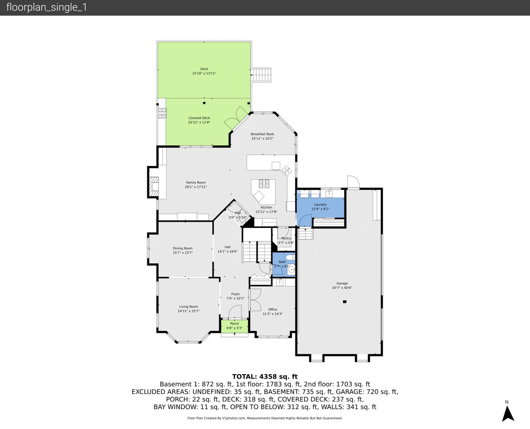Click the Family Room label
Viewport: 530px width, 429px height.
pos(196,182)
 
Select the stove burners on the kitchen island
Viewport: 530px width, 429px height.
pos(264,184)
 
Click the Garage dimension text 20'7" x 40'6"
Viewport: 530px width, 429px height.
pos(342,288)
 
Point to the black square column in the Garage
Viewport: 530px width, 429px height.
pos(345,302)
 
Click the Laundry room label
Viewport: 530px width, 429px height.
pos(320,205)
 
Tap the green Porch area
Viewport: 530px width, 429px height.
pos(235,326)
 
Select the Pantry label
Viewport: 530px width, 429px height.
pos(286,238)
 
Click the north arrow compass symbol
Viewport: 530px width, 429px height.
pos(508,414)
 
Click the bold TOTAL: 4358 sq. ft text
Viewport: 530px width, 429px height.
pos(265,377)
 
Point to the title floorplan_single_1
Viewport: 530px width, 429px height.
pos(46,8)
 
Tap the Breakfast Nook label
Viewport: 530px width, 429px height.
pos(262,134)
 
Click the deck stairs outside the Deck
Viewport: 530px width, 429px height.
pos(261,75)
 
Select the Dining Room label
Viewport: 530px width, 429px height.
pos(183,248)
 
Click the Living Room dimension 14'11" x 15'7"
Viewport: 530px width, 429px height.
pos(189,311)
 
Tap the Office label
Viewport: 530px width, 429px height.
pos(272,309)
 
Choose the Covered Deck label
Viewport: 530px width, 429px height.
pos(199,118)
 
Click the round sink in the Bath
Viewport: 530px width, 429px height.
pos(291,269)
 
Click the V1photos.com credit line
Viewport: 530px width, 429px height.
pos(265,418)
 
